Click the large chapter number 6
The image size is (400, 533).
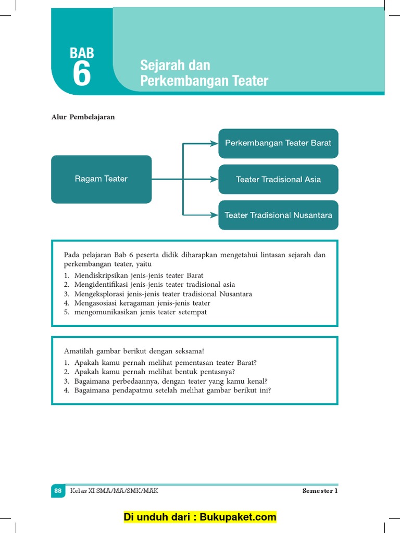click(82, 74)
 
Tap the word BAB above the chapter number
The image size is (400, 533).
click(82, 53)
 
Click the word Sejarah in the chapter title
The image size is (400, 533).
click(160, 66)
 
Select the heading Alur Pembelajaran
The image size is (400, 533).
click(83, 117)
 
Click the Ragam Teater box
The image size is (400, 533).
click(101, 179)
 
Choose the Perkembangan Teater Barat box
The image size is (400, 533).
click(278, 143)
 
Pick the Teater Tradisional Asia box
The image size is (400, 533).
click(278, 180)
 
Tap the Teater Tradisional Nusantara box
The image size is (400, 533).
click(278, 215)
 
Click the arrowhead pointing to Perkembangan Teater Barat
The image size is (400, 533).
click(214, 143)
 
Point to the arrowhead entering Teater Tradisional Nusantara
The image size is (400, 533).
click(214, 214)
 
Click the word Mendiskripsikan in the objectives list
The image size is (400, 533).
click(99, 275)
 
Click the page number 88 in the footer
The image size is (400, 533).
click(58, 490)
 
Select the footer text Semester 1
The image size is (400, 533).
click(320, 490)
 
